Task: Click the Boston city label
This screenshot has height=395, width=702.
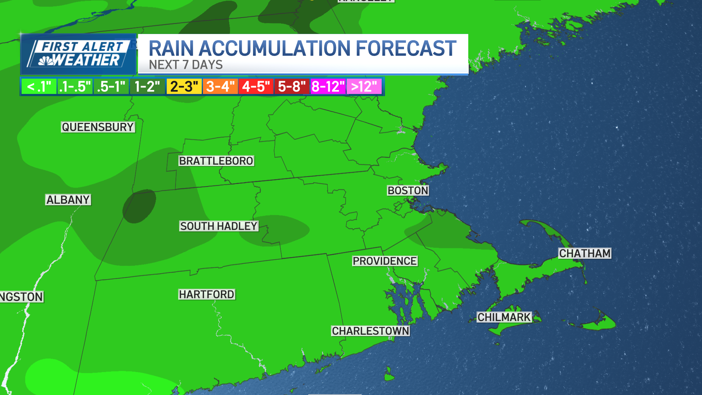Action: [x=408, y=191]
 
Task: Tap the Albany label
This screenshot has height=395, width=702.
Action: [x=68, y=200]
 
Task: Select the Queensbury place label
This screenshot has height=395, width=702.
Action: [x=98, y=127]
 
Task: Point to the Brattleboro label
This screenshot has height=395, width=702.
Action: [x=216, y=161]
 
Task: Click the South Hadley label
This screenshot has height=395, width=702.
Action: [x=219, y=226]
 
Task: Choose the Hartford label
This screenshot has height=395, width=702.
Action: [x=207, y=294]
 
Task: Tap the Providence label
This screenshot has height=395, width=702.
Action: [x=385, y=261]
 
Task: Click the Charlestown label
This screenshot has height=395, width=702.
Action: [x=370, y=331]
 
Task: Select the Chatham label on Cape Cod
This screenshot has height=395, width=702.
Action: [x=585, y=253]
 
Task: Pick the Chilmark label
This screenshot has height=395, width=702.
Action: [x=504, y=317]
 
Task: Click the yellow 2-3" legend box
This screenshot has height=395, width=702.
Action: [x=184, y=87]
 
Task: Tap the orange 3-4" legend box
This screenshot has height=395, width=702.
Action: [x=220, y=87]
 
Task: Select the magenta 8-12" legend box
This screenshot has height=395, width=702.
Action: [x=328, y=87]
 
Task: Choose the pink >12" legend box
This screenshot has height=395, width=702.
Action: [x=364, y=87]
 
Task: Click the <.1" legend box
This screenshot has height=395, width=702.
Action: [x=39, y=87]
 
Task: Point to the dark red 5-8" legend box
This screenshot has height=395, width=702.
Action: [x=292, y=87]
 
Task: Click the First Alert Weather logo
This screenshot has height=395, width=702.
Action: [x=79, y=54]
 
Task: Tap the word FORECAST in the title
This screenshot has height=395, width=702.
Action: [x=406, y=49]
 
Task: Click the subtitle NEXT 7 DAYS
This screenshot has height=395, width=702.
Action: [x=186, y=65]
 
